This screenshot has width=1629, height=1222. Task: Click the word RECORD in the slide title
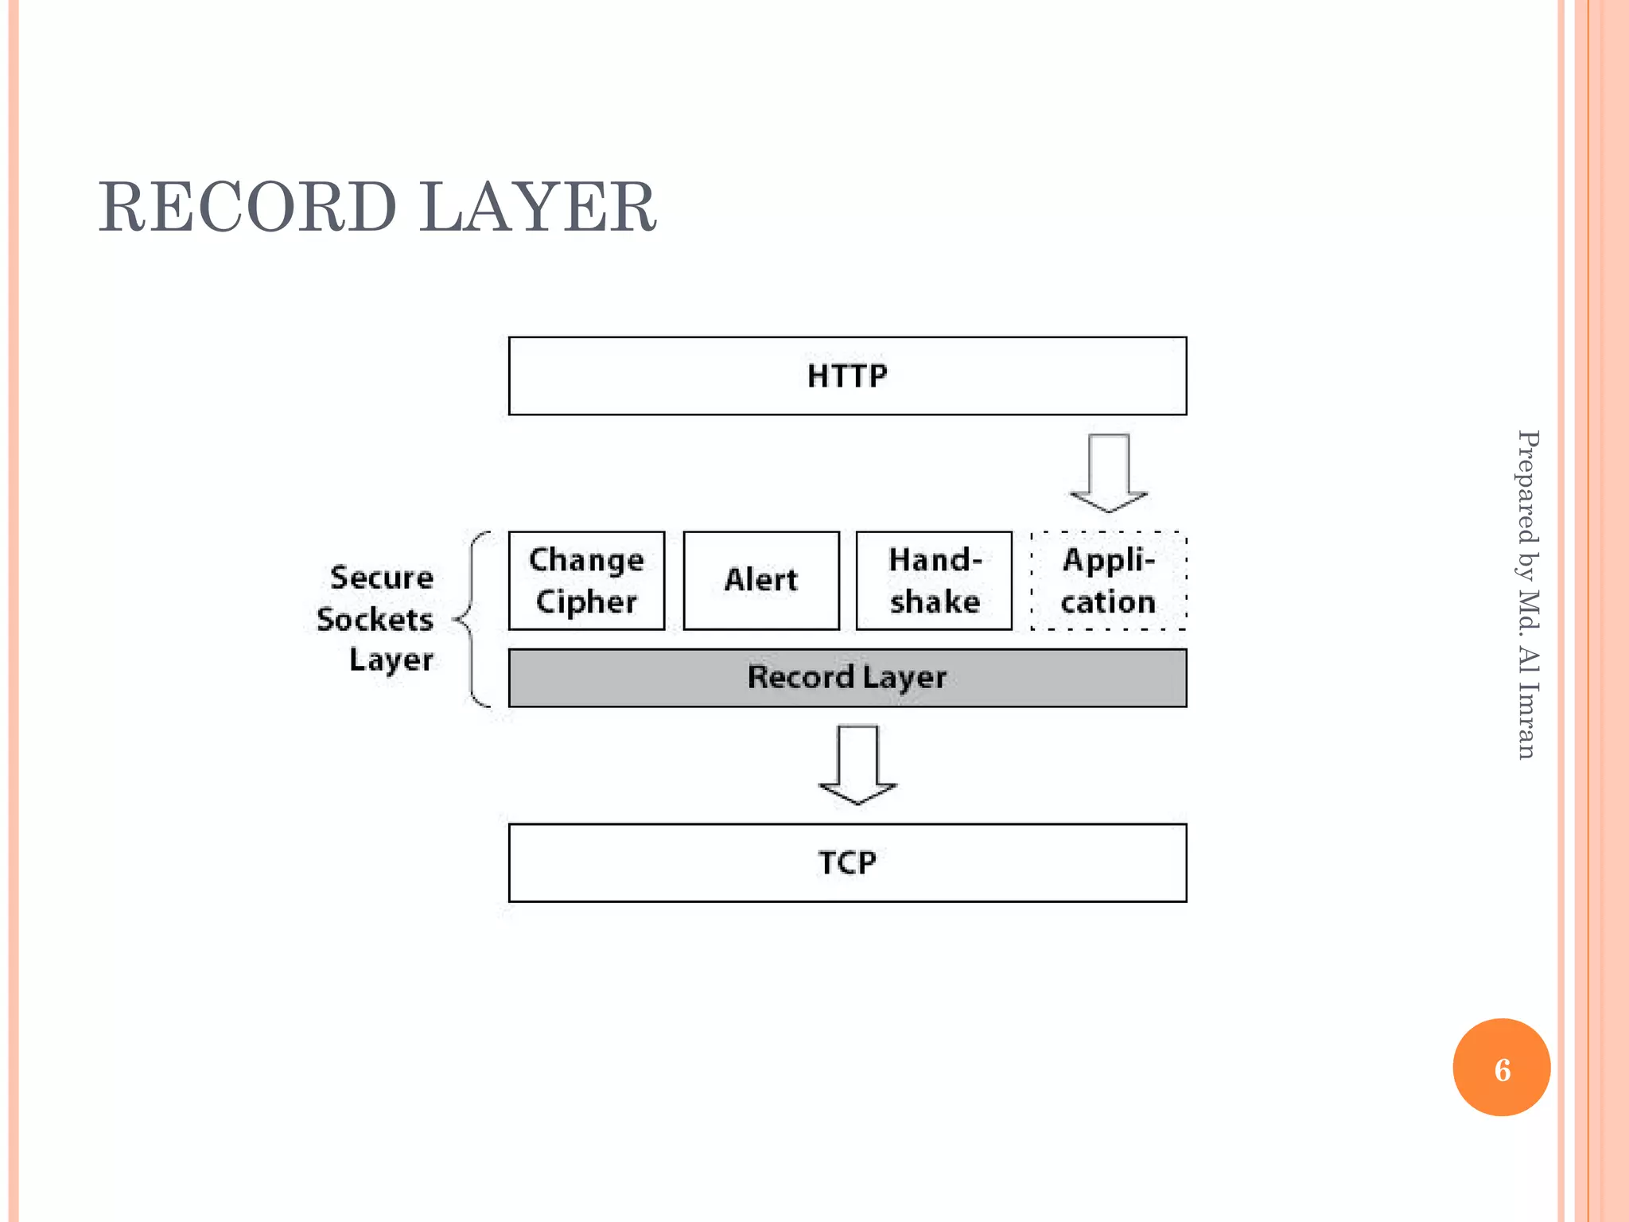pos(247,207)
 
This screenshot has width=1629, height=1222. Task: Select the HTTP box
pos(847,376)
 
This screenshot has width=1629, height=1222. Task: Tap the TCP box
pos(847,862)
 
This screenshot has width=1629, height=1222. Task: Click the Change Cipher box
pos(586,581)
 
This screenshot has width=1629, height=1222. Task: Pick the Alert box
pos(761,581)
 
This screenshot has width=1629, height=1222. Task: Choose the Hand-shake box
pos(934,581)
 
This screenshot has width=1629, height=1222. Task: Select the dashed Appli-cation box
pos(1108,581)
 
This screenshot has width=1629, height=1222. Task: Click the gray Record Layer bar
pos(847,678)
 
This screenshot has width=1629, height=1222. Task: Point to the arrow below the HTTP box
pos(1109,474)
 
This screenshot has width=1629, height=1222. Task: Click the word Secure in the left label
pos(382,578)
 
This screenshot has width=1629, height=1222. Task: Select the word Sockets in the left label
pos(375,619)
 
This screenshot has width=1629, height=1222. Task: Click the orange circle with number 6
pos(1501,1068)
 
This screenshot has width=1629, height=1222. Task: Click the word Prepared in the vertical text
pos(1528,485)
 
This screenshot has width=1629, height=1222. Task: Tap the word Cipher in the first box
pos(586,602)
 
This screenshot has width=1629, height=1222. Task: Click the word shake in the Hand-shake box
pos(935,602)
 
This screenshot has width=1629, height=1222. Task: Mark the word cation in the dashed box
pos(1108,602)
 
